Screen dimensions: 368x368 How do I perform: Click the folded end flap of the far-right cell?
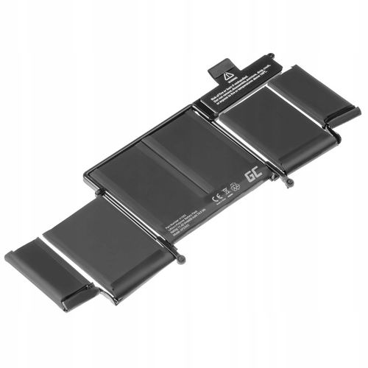click(x=346, y=118)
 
